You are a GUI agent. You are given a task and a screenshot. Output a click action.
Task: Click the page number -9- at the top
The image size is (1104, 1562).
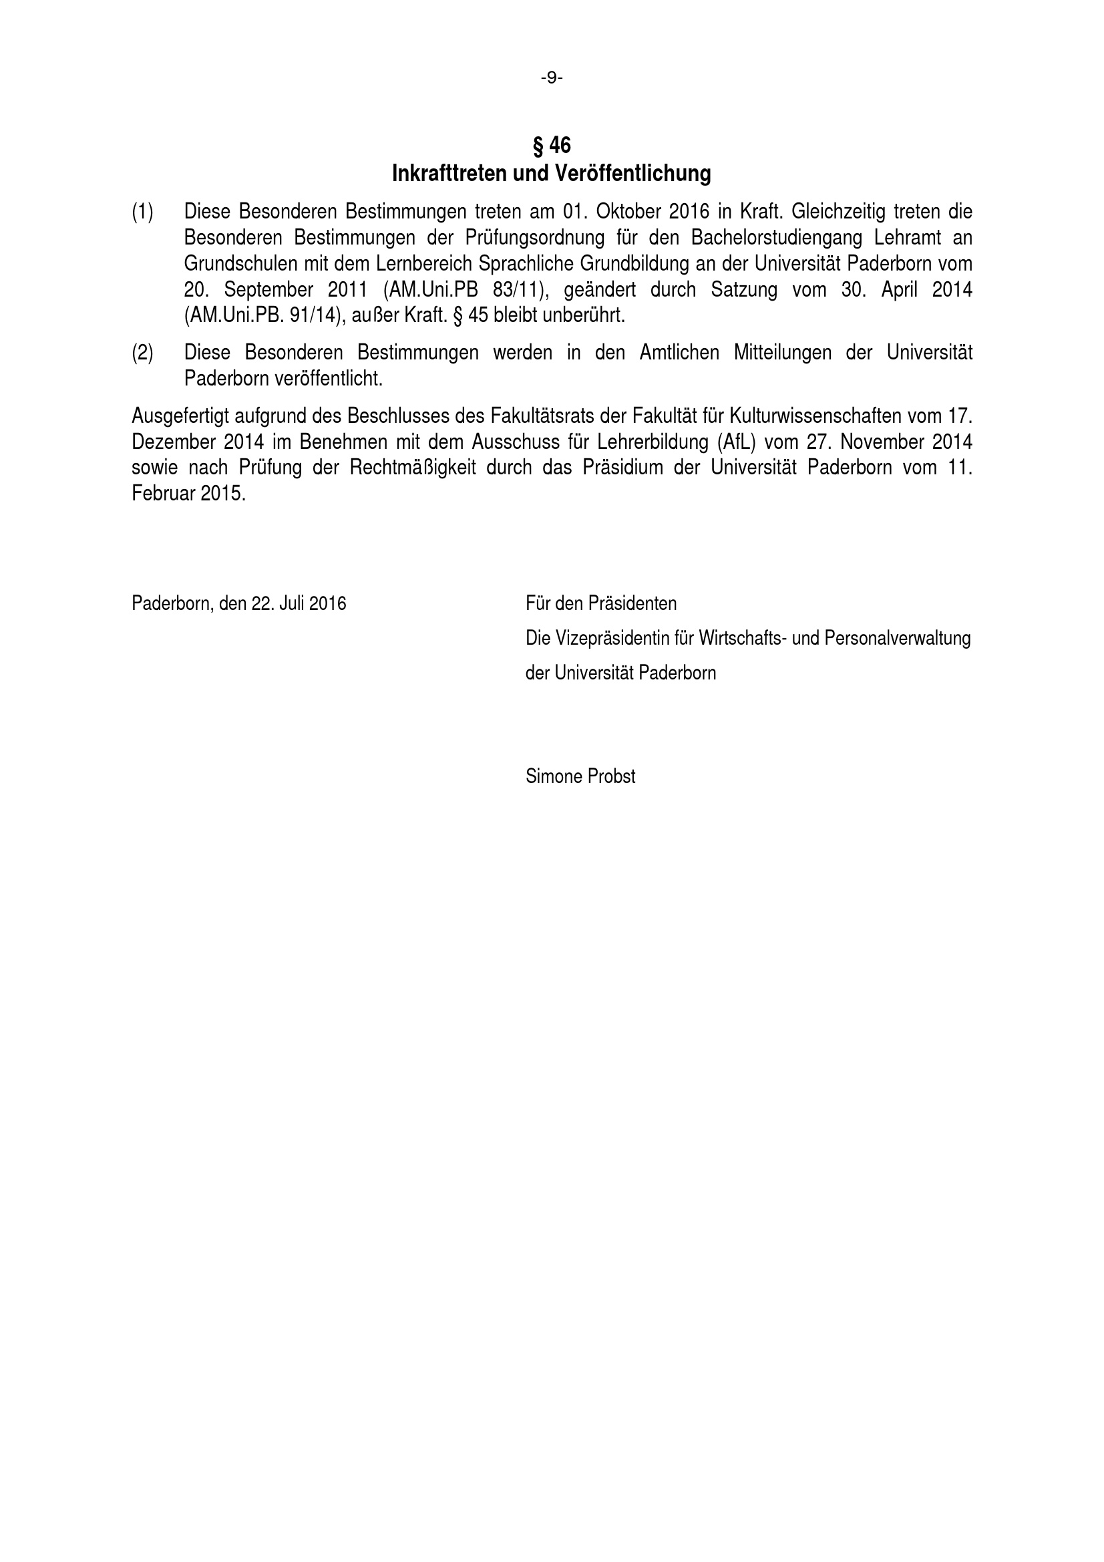click(x=552, y=78)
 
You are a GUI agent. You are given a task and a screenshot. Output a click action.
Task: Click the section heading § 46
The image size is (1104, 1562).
click(x=551, y=145)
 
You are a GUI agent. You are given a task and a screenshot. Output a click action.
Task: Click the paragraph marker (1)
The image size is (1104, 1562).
click(x=142, y=212)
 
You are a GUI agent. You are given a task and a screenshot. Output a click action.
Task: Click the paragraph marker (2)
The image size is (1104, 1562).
click(x=142, y=352)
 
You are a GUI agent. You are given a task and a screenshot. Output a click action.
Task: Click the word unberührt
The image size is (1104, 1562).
click(x=583, y=315)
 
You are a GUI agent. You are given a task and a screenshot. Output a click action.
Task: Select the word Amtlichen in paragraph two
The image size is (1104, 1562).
click(x=679, y=352)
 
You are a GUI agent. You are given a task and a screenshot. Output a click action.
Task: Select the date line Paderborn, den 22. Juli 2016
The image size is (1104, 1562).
click(x=238, y=603)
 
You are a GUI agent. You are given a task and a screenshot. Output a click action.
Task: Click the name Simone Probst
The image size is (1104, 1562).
click(x=580, y=776)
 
